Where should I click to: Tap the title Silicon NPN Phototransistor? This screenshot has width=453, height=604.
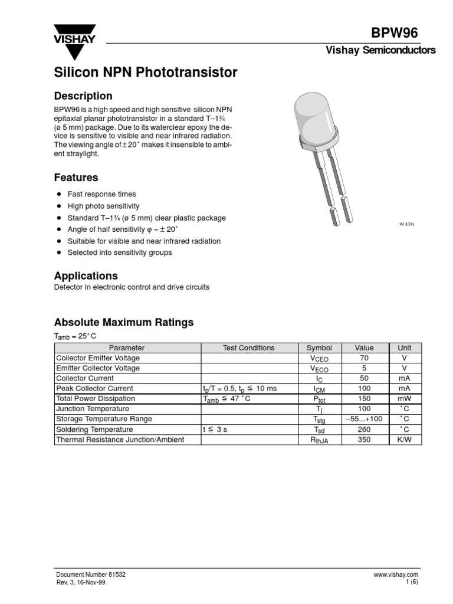click(x=146, y=73)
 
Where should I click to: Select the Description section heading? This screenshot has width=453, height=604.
click(x=83, y=96)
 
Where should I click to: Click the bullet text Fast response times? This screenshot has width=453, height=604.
click(x=101, y=194)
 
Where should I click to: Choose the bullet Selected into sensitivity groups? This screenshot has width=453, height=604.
click(x=120, y=252)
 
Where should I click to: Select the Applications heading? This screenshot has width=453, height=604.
click(x=86, y=275)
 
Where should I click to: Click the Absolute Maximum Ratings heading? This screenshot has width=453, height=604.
click(x=124, y=323)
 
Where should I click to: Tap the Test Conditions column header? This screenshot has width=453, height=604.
click(x=248, y=348)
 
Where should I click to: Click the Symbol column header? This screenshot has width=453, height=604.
click(x=319, y=348)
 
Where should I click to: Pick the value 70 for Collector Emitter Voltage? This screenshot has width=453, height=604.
click(x=364, y=358)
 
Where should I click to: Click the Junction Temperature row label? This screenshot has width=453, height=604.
click(x=92, y=409)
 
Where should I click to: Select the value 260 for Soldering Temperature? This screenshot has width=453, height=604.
click(x=364, y=429)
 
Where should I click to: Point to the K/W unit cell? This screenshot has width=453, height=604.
click(x=405, y=439)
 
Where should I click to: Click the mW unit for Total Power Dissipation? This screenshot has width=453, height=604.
click(x=405, y=399)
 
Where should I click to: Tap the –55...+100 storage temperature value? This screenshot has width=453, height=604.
click(x=364, y=419)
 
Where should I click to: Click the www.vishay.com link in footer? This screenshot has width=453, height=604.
click(x=395, y=574)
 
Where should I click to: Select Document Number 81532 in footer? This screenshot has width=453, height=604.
click(x=90, y=574)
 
